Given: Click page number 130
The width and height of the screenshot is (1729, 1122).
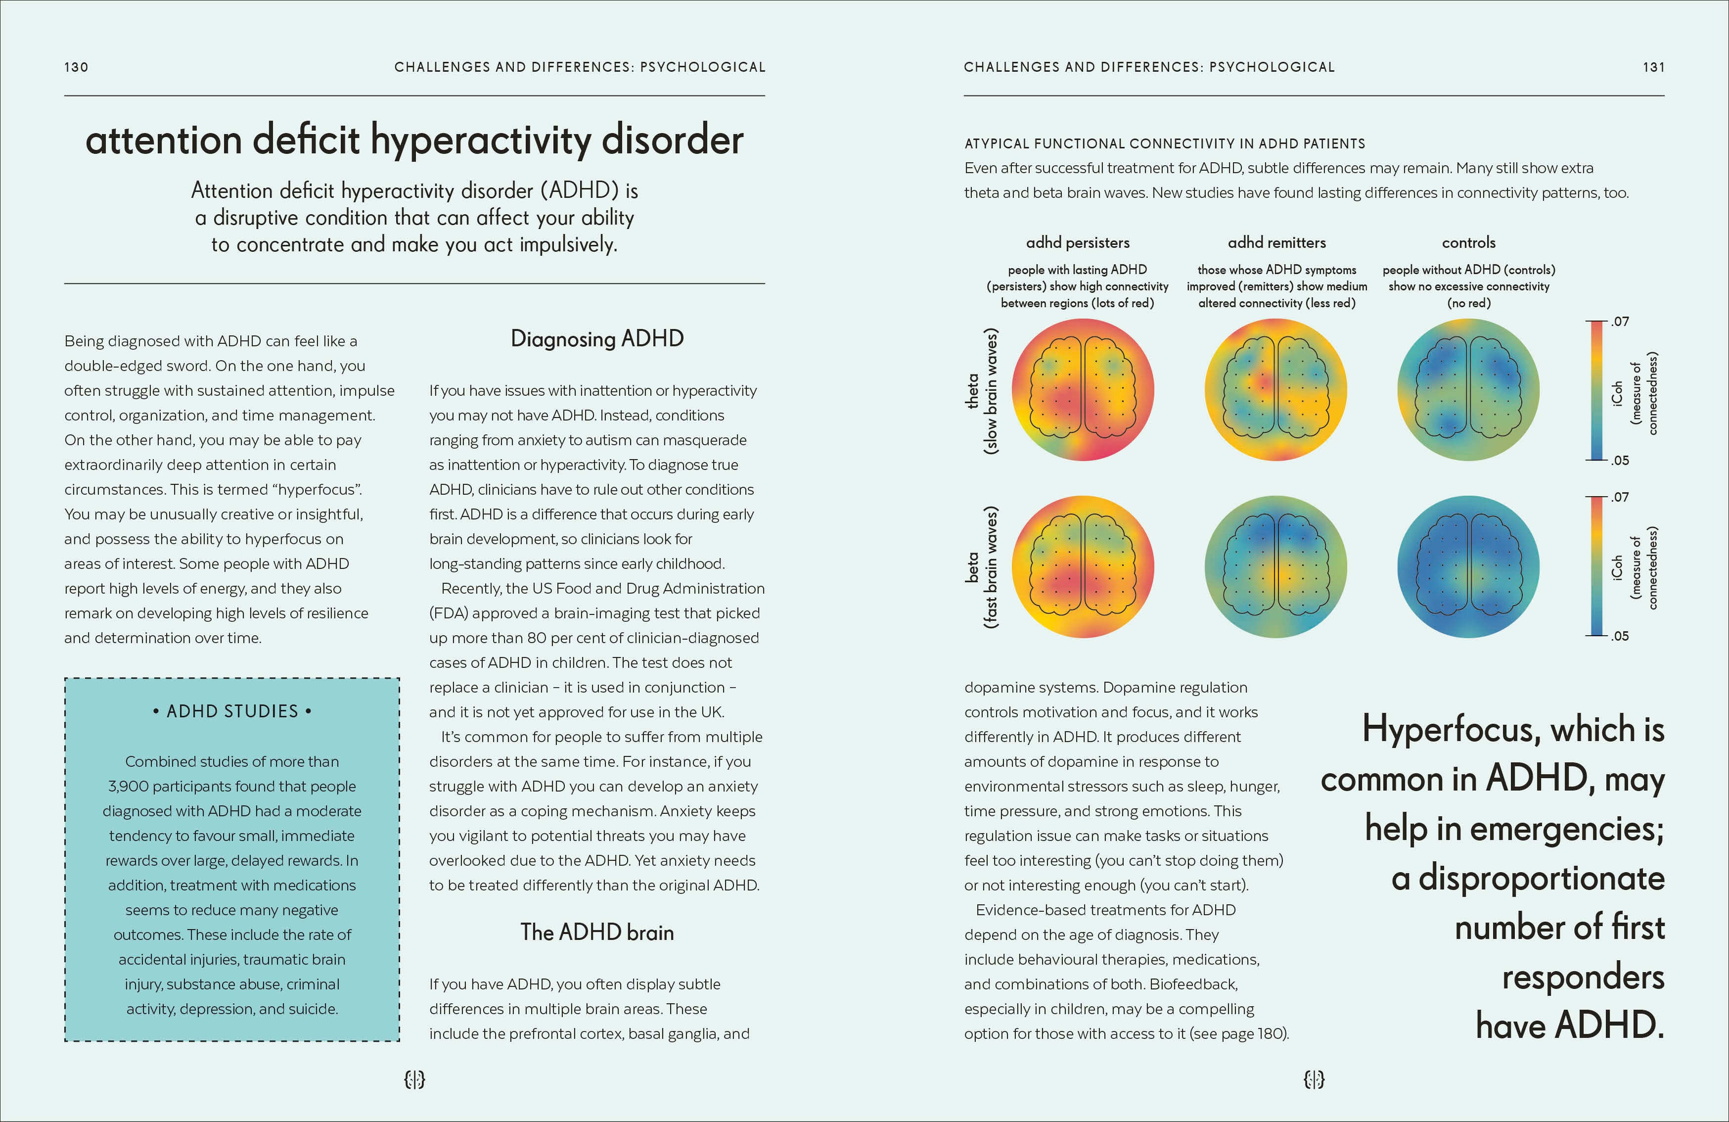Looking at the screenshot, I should pyautogui.click(x=76, y=67).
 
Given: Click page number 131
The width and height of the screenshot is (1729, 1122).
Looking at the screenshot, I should pyautogui.click(x=1653, y=67).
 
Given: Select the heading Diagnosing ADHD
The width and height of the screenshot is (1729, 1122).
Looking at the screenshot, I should pyautogui.click(x=596, y=339).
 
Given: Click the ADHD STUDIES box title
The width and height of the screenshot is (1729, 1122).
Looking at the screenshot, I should pyautogui.click(x=232, y=711).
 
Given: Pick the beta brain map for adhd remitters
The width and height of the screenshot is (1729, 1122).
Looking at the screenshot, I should pyautogui.click(x=1275, y=567).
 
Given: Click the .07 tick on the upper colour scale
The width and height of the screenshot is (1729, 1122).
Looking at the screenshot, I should pyautogui.click(x=1619, y=321).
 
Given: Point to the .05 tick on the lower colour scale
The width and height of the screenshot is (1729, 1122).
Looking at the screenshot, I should pyautogui.click(x=1619, y=636).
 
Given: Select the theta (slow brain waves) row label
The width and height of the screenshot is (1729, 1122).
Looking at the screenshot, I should pyautogui.click(x=981, y=391).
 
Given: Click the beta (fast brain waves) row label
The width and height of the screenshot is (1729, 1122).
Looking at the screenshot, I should pyautogui.click(x=981, y=567).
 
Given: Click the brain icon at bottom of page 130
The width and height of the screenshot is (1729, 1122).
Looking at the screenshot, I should pyautogui.click(x=414, y=1079).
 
